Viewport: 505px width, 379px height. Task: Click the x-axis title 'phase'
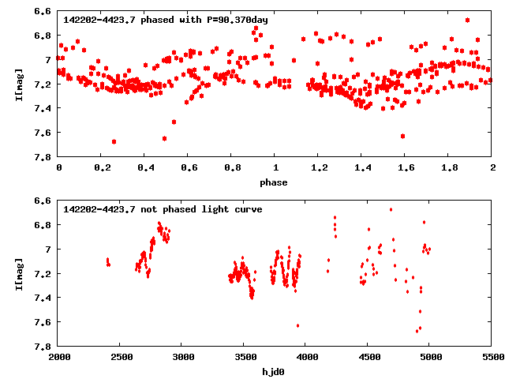pyautogui.click(x=275, y=182)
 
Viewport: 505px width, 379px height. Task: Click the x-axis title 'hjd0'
pyautogui.click(x=275, y=372)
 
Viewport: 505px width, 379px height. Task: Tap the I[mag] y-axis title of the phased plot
pyautogui.click(x=18, y=84)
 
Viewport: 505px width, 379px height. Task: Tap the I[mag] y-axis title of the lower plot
pyautogui.click(x=18, y=274)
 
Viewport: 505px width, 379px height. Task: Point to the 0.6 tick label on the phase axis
pyautogui.click(x=189, y=168)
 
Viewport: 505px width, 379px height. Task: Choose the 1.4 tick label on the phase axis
pyautogui.click(x=362, y=168)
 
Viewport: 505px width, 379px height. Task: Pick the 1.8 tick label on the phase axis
pyautogui.click(x=449, y=168)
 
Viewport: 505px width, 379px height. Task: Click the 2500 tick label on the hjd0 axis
pyautogui.click(x=121, y=358)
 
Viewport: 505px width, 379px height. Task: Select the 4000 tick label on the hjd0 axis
pyautogui.click(x=306, y=358)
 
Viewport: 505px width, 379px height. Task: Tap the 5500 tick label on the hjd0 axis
pyautogui.click(x=492, y=358)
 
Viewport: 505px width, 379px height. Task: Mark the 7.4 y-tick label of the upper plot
pyautogui.click(x=43, y=109)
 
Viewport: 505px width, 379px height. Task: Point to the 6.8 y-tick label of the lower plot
pyautogui.click(x=43, y=225)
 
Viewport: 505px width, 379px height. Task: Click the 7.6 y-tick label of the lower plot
pyautogui.click(x=43, y=322)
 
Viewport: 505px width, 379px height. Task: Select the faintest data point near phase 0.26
pyautogui.click(x=114, y=141)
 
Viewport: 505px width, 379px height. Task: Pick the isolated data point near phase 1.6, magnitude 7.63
pyautogui.click(x=403, y=136)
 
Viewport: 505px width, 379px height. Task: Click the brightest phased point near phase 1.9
pyautogui.click(x=468, y=20)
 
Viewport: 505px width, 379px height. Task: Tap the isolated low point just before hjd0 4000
pyautogui.click(x=297, y=325)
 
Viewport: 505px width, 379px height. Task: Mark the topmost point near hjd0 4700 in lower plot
pyautogui.click(x=391, y=209)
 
